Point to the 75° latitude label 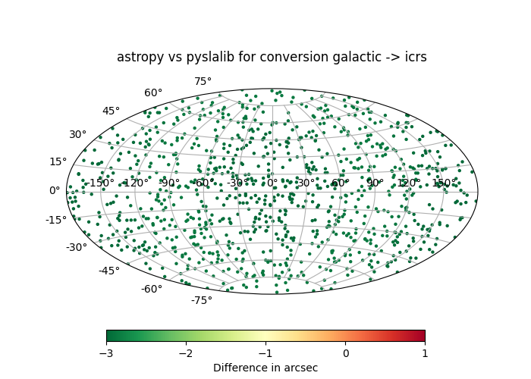point(203,82)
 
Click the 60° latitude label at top point(153,92)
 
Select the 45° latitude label point(111,111)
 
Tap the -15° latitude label point(56,220)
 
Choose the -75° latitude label point(202,300)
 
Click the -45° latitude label point(109,271)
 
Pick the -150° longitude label point(99,183)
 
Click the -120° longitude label point(135,183)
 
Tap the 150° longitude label point(444,183)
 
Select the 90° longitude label point(375,183)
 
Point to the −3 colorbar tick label point(106,353)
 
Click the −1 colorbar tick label point(265,353)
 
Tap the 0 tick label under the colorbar point(345,353)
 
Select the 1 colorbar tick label point(425,353)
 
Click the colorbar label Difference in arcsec point(265,368)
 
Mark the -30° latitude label point(77,247)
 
